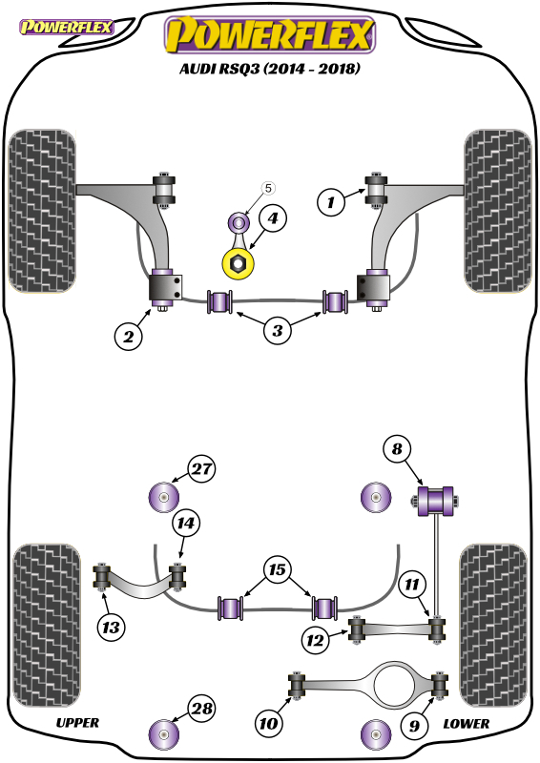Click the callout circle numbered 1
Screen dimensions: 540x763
(x=331, y=201)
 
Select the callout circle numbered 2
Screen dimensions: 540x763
(x=129, y=337)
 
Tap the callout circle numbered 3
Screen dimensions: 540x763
(x=277, y=330)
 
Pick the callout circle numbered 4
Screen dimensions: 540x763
(x=273, y=218)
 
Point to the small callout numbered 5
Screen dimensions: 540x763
(x=268, y=188)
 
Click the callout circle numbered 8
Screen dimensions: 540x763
(x=397, y=448)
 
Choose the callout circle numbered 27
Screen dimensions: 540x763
(x=202, y=468)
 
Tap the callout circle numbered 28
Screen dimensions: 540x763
(x=202, y=708)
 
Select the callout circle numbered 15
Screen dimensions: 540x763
(x=277, y=569)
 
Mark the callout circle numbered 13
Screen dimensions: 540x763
(x=111, y=628)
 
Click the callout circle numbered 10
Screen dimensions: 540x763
(x=268, y=723)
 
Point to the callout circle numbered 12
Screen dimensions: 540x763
(x=315, y=640)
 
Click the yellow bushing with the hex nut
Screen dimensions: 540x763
(x=239, y=263)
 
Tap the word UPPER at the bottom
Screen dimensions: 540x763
(x=77, y=723)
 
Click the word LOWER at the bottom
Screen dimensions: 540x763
(x=466, y=724)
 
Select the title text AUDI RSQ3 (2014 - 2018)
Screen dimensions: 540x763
(x=270, y=69)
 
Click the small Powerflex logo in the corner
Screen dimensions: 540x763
(x=66, y=27)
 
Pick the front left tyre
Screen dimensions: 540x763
(x=42, y=211)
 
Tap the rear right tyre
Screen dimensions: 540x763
(x=493, y=625)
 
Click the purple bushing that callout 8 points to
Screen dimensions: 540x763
(x=436, y=501)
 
